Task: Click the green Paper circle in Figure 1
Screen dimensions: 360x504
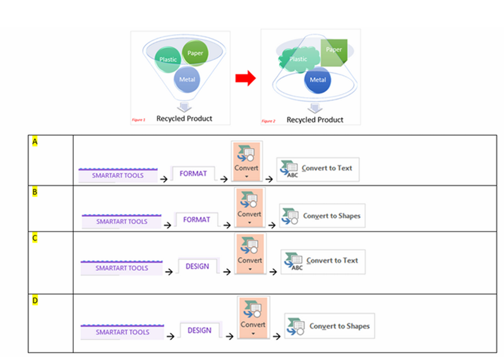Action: [x=195, y=53]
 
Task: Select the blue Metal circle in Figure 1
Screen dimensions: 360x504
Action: [x=187, y=80]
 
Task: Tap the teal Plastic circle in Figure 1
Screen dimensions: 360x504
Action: [x=168, y=59]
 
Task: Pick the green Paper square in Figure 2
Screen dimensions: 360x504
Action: [x=333, y=51]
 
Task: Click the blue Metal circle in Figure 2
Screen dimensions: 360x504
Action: [x=318, y=80]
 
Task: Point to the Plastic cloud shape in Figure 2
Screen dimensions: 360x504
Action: [x=297, y=59]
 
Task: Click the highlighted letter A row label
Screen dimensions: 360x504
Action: [x=35, y=141]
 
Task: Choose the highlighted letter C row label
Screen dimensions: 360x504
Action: [x=35, y=237]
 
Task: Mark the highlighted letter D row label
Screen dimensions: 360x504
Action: [x=35, y=300]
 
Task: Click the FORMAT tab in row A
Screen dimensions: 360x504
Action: [x=193, y=173]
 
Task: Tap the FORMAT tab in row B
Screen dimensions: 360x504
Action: [x=196, y=220]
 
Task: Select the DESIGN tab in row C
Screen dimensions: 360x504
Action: [x=198, y=267]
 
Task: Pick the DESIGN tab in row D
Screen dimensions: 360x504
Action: [x=200, y=330]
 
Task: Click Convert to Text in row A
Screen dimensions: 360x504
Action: [x=320, y=169]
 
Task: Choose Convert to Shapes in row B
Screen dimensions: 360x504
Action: [x=323, y=216]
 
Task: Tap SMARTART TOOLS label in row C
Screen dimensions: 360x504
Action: [x=121, y=268]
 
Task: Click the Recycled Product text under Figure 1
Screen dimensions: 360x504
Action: [x=184, y=118]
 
